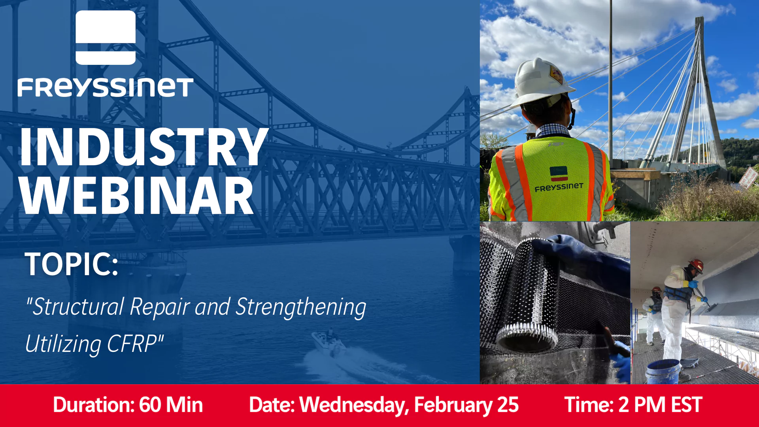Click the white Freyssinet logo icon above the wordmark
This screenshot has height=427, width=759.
click(106, 38)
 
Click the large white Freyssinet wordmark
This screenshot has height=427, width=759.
click(106, 87)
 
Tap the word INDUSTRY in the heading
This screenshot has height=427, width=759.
click(143, 147)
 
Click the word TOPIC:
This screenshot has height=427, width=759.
click(72, 264)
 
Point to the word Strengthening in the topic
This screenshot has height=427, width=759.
click(301, 308)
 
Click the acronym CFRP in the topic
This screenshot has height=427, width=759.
click(133, 344)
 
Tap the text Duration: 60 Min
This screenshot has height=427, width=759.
click(128, 405)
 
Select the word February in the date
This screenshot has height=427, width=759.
click(453, 405)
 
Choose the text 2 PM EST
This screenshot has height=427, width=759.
click(660, 405)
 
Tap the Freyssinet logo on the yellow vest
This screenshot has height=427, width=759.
click(559, 180)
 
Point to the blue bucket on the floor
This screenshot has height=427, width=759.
click(663, 372)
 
